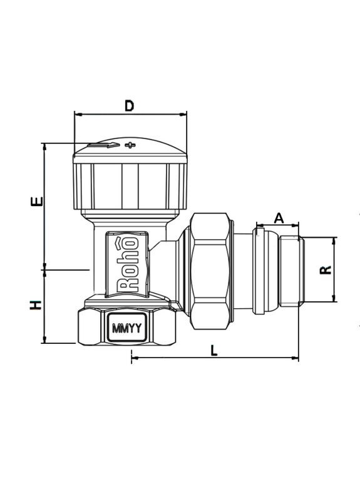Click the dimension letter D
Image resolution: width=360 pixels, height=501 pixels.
(130, 106)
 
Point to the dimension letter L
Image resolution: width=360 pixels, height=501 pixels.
(213, 351)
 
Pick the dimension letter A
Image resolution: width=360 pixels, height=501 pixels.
(279, 218)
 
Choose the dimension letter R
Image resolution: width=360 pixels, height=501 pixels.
(325, 270)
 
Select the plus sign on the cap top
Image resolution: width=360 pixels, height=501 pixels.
(130, 145)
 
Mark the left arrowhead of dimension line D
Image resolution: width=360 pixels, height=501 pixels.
(77, 114)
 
